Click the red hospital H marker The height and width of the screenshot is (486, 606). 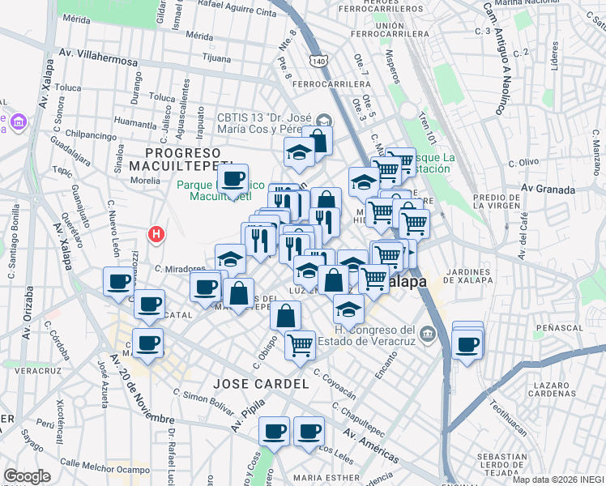157,235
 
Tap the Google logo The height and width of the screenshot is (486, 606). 27,476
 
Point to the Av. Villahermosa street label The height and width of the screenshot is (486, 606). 99,59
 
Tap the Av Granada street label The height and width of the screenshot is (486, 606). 548,190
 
